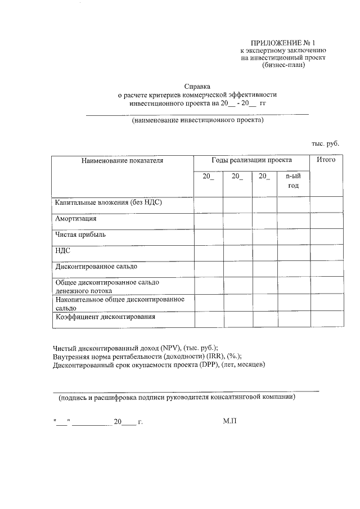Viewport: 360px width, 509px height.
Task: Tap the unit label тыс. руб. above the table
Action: point(326,144)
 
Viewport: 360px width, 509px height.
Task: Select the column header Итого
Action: point(326,160)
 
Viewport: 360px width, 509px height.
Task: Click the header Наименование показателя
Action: point(122,161)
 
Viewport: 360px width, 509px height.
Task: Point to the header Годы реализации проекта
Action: point(251,160)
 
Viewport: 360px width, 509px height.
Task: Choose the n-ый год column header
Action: point(293,181)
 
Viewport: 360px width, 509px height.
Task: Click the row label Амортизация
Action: point(75,218)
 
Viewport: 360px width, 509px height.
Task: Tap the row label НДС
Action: point(62,250)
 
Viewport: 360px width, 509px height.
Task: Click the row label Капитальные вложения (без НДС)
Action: point(109,202)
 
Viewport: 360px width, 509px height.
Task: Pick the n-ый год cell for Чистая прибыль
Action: point(293,236)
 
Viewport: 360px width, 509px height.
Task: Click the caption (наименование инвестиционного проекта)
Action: point(197,120)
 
